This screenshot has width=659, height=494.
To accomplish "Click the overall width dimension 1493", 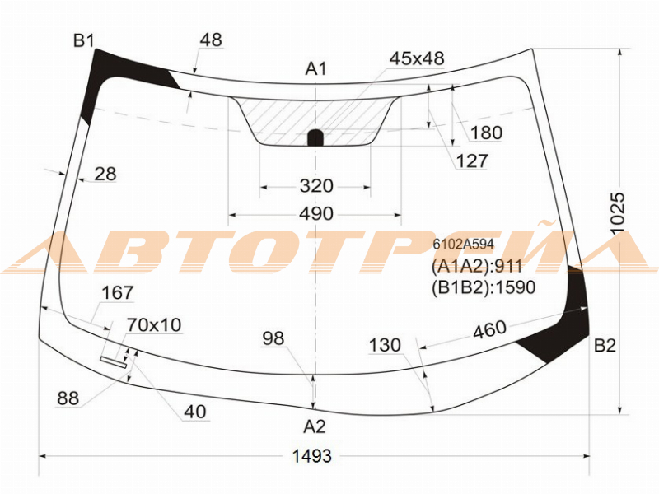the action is point(312,455).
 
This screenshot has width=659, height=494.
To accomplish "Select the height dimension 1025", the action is point(618,213).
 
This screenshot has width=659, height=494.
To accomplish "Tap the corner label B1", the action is point(84,40).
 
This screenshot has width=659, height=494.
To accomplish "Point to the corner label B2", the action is point(605,345).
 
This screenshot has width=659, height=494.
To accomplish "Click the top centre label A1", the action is point(315,68).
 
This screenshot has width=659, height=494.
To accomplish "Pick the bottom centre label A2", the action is point(315,426).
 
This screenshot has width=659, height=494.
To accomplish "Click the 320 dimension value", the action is point(316,186).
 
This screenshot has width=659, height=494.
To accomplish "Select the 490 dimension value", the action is point(316,213).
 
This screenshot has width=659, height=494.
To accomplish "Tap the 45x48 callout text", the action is point(417,58).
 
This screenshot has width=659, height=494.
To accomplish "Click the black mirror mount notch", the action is point(316,137).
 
